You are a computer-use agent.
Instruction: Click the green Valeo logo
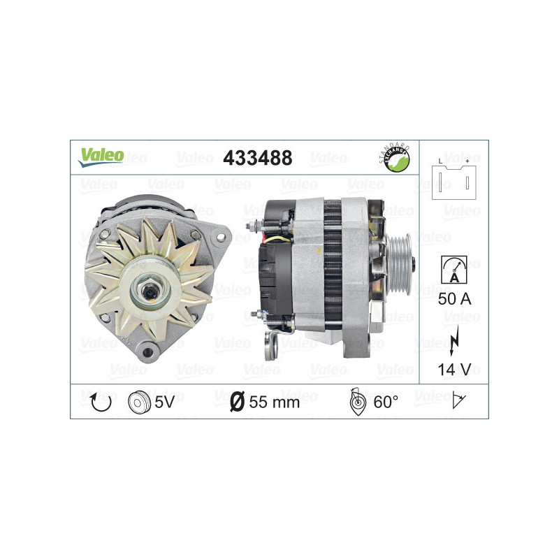coord(101,156)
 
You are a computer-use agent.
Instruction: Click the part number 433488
coord(256,158)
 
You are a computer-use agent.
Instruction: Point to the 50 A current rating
coord(453,300)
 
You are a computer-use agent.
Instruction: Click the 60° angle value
coord(387,402)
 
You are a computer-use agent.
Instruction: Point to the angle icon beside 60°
coord(357,402)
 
